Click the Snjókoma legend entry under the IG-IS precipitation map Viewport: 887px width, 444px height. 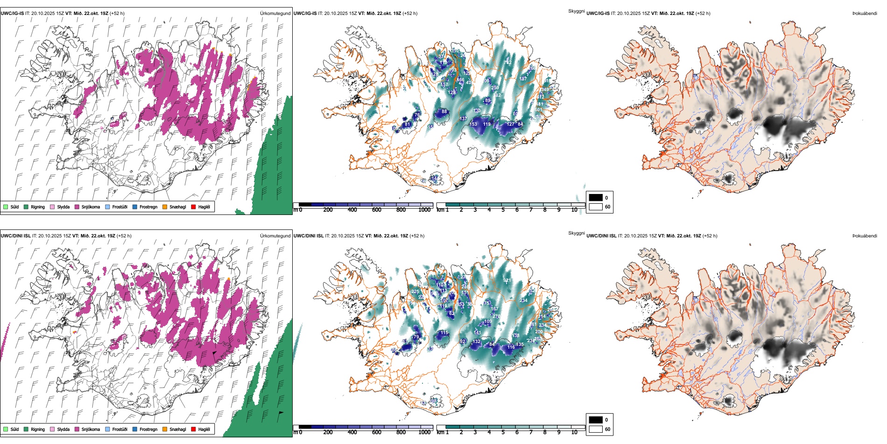[90, 207]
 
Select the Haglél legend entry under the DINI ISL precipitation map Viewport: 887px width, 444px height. [204, 429]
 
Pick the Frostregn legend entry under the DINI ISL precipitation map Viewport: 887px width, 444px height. [148, 429]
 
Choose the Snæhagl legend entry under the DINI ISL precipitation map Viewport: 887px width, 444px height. [177, 429]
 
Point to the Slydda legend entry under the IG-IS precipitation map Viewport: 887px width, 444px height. [63, 207]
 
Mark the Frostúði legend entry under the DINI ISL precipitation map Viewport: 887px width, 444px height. [120, 429]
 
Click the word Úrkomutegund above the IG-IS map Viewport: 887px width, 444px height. [275, 14]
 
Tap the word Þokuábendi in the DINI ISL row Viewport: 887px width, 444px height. [865, 236]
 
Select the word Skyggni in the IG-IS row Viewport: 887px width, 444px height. [576, 11]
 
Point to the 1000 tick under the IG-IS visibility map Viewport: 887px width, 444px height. [424, 210]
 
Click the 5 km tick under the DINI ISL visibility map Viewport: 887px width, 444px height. [503, 432]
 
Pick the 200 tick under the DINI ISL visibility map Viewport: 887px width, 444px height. [328, 432]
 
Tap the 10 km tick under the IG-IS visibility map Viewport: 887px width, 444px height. [574, 210]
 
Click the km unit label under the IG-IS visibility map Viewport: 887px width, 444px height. [440, 210]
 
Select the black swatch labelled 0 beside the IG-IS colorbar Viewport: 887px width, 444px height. [596, 198]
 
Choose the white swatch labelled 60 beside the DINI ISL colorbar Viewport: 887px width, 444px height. [596, 429]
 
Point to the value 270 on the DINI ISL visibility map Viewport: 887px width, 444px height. [496, 316]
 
